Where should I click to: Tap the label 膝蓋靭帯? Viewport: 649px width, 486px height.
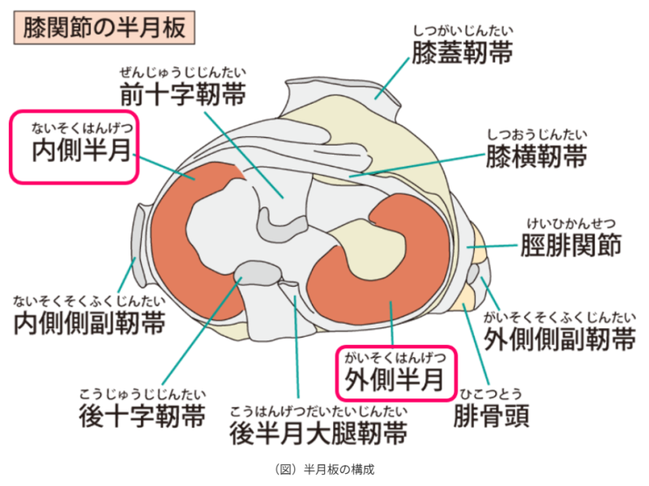[x=462, y=53]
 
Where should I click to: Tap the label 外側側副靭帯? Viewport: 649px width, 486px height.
[x=559, y=339]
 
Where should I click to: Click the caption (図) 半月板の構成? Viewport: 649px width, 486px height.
[x=324, y=469]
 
